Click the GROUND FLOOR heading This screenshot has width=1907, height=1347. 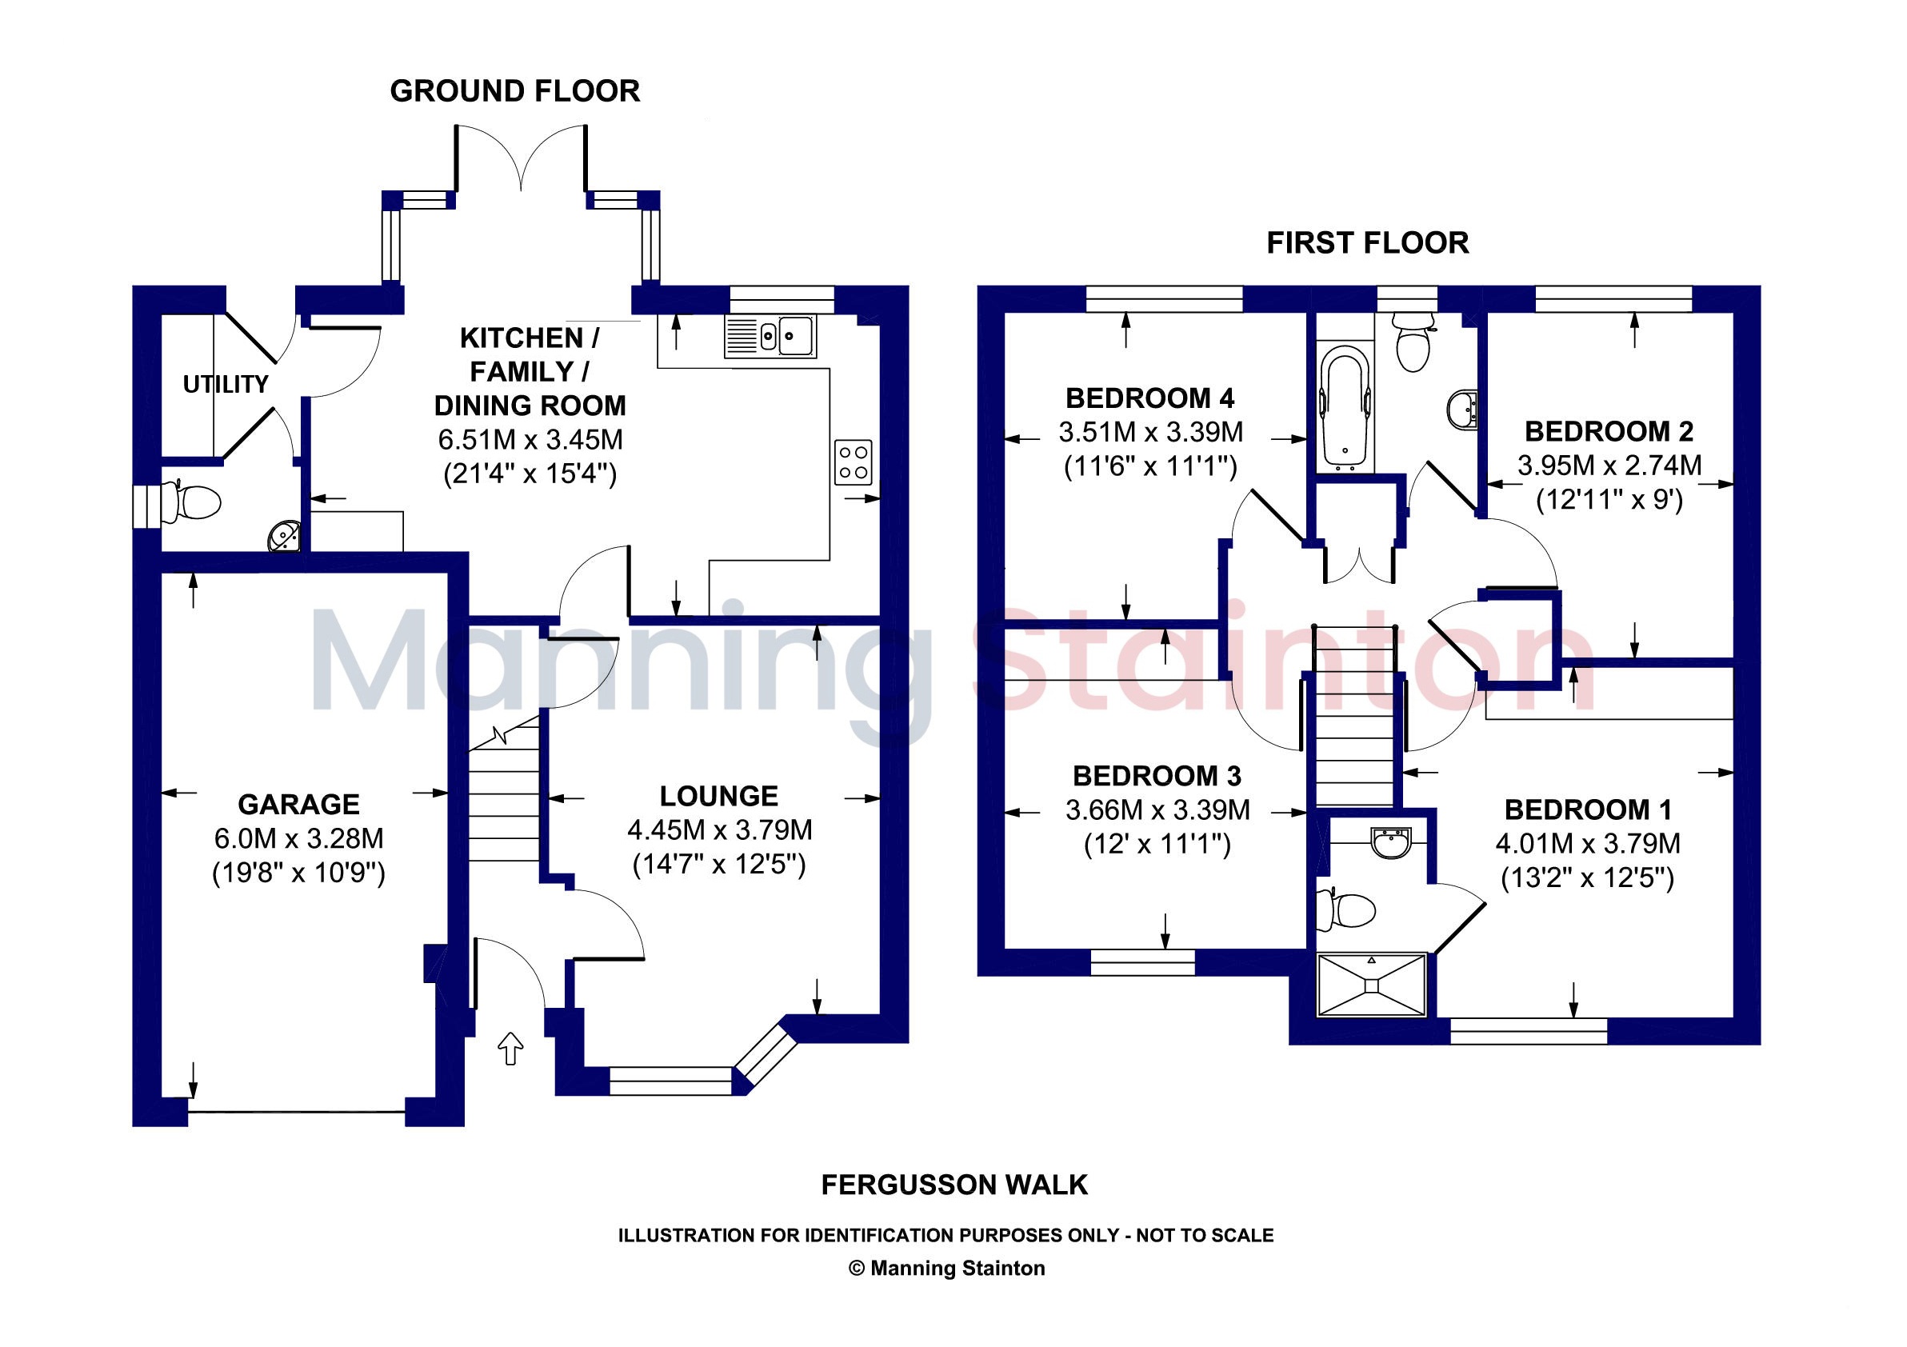(515, 91)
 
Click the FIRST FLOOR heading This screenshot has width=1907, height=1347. (1368, 243)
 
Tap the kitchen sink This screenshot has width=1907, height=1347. (770, 336)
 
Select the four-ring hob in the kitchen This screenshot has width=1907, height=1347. (854, 462)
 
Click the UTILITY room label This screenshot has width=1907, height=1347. (226, 385)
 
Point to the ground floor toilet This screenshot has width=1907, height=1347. (192, 502)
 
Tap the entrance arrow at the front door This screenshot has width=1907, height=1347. (511, 1049)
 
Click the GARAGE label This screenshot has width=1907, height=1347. (299, 805)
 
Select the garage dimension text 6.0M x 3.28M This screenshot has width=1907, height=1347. (299, 839)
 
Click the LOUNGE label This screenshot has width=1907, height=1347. (719, 797)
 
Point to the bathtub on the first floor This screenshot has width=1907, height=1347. (1345, 406)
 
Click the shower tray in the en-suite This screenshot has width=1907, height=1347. (1372, 984)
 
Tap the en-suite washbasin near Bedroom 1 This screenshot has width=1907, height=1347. (1391, 842)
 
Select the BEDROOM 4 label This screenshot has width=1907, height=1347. (1150, 398)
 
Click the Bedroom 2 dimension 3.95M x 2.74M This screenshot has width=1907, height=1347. (1609, 466)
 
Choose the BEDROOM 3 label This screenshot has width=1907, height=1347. (1157, 777)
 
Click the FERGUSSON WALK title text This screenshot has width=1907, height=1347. (954, 1185)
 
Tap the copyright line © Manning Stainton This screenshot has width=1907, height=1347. (947, 1268)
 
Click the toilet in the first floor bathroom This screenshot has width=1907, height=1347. (1413, 344)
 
